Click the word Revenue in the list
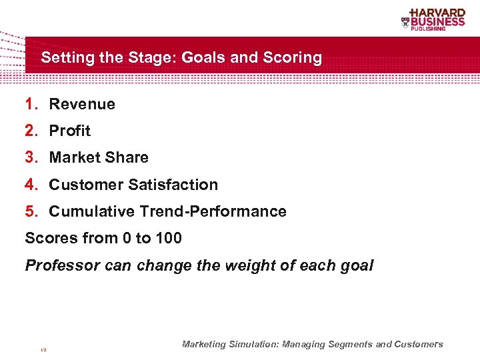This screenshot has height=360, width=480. pyautogui.click(x=82, y=104)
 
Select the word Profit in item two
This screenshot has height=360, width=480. pyautogui.click(x=69, y=131)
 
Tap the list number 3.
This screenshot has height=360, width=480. pyautogui.click(x=30, y=157)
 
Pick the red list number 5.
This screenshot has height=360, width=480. pyautogui.click(x=30, y=211)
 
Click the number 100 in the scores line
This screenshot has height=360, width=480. pyautogui.click(x=168, y=238)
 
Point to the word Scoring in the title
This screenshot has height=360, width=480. pyautogui.click(x=291, y=58)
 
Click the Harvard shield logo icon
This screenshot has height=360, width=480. pyautogui.click(x=405, y=23)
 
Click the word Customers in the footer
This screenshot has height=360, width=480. pyautogui.click(x=418, y=345)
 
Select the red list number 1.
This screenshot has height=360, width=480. pyautogui.click(x=30, y=104)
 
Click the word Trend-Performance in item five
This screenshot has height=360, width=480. pyautogui.click(x=213, y=211)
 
